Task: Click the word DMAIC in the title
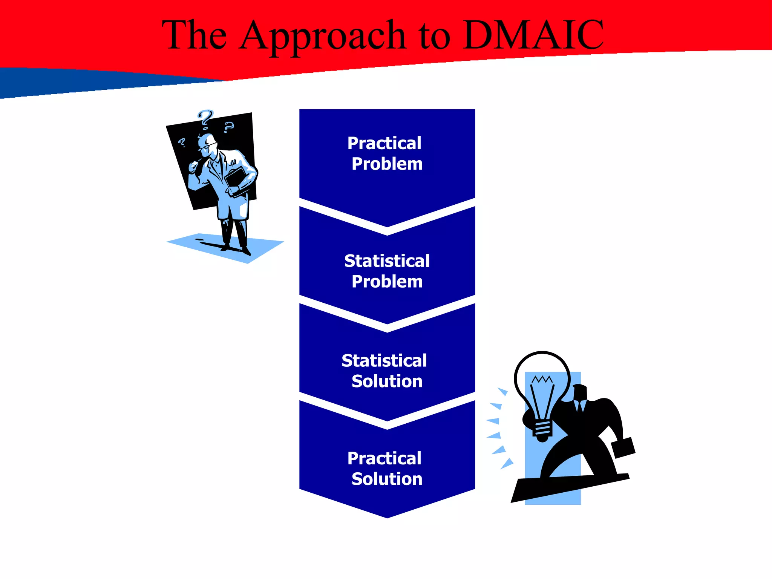point(533,35)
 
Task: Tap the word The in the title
point(195,35)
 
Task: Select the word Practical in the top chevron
point(384,143)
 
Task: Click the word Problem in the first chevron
point(387,164)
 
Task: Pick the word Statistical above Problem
point(387,261)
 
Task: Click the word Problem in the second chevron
point(387,282)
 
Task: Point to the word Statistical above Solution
point(384,361)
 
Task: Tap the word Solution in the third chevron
point(387,381)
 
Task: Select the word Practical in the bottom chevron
point(384,458)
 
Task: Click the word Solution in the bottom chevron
point(387,479)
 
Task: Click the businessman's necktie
point(580,407)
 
